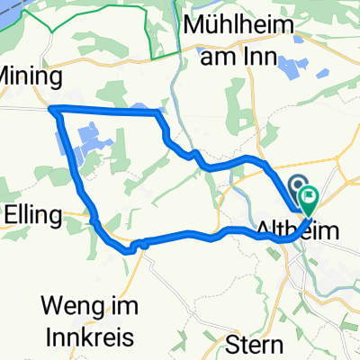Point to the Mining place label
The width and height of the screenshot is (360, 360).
point(24,75)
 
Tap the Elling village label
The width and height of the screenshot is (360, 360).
point(31,215)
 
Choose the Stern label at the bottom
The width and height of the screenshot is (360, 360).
point(256,344)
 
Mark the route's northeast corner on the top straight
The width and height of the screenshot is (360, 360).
point(159,112)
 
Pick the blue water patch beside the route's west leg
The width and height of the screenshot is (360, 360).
point(91,143)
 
